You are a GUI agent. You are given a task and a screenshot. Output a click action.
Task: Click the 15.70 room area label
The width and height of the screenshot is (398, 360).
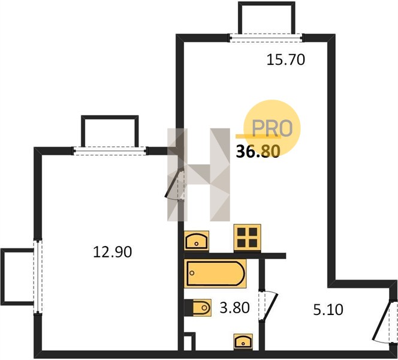(285, 60)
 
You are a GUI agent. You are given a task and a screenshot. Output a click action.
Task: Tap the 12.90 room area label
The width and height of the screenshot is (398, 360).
(113, 252)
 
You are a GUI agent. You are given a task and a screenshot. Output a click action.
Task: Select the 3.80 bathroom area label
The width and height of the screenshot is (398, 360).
(234, 308)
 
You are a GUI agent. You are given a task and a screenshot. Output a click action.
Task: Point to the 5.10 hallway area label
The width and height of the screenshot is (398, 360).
(328, 310)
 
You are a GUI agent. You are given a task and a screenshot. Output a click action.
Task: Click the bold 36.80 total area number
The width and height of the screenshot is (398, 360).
(258, 152)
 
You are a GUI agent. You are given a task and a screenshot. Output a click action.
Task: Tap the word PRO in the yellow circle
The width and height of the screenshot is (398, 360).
(272, 128)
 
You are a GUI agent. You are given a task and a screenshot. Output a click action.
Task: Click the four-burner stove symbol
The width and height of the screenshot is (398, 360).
(247, 238)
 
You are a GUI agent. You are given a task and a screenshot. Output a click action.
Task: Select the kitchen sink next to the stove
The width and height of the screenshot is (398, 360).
(197, 241)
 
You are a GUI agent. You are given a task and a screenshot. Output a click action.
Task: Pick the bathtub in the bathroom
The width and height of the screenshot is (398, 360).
(215, 274)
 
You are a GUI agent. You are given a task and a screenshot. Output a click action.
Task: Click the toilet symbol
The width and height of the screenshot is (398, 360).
(198, 308)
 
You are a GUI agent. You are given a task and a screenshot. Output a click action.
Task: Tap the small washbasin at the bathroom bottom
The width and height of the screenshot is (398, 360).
(243, 342)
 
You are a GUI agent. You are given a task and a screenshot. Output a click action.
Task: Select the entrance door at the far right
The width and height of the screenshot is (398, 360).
(383, 322)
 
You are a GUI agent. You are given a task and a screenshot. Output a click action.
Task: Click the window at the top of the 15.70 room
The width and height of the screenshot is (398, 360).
(267, 38)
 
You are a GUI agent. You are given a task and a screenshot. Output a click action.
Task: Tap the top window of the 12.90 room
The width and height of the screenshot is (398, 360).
(110, 151)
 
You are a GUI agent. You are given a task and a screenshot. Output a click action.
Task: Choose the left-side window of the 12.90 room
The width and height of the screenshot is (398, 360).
(38, 277)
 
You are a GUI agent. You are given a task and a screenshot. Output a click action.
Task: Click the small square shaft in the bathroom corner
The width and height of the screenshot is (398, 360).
(189, 341)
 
